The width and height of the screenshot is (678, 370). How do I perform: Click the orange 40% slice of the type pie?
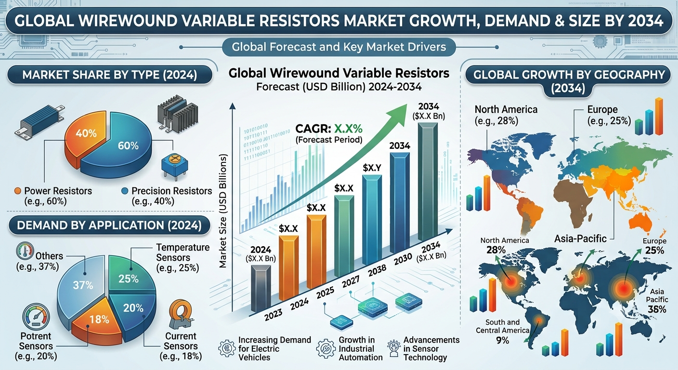click(x=85, y=136)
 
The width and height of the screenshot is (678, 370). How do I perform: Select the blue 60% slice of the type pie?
click(x=121, y=148)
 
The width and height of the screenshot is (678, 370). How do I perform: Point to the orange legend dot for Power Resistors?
click(x=18, y=191)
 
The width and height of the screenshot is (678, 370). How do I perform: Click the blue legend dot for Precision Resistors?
click(x=125, y=191)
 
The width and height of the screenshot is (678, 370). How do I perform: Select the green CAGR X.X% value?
click(x=348, y=129)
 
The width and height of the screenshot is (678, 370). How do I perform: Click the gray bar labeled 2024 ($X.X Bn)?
click(x=261, y=288)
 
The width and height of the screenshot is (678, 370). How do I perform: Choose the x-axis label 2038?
click(x=377, y=270)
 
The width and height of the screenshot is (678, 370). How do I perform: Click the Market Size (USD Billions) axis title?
click(x=223, y=211)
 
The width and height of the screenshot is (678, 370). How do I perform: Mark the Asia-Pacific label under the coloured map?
click(x=581, y=238)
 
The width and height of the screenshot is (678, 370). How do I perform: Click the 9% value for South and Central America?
click(x=502, y=340)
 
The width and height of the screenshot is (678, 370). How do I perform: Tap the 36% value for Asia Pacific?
click(x=657, y=309)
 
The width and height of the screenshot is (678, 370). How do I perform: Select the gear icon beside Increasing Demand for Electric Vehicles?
click(x=227, y=348)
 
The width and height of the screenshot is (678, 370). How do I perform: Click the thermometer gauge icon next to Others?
click(x=25, y=251)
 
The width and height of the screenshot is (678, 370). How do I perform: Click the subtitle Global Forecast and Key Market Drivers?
click(x=339, y=47)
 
